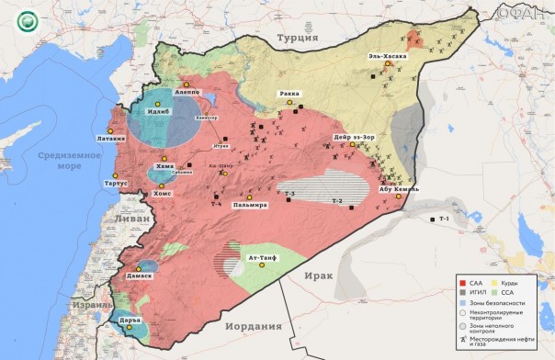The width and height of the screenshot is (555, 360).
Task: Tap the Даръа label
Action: tap(127, 319)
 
